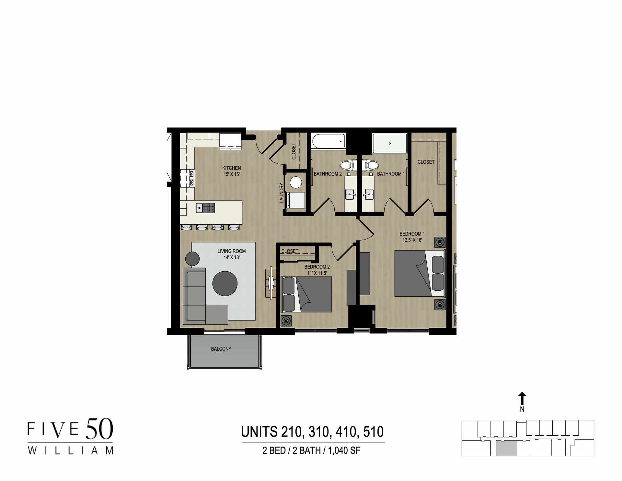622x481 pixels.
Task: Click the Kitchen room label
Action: [231, 168]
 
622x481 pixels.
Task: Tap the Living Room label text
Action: [231, 251]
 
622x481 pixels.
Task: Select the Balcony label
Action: [221, 349]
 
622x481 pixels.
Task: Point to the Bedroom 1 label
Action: [412, 234]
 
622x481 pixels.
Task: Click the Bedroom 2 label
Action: [317, 267]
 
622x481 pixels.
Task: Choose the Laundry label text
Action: [282, 193]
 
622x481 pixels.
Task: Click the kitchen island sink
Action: [205, 207]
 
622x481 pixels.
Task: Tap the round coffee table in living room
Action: [225, 283]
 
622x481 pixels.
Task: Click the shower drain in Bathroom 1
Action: [390, 143]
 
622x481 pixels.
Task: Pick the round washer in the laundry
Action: [295, 182]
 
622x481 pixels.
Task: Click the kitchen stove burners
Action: [187, 178]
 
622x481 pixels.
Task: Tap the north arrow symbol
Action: [522, 398]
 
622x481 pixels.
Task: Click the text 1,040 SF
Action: [344, 451]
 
